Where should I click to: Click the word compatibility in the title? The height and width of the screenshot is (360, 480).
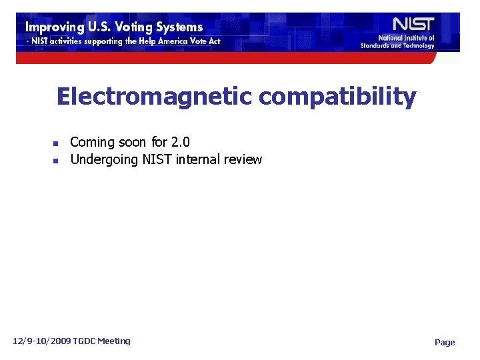(x=337, y=97)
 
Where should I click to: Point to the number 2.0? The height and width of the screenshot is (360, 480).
(x=180, y=142)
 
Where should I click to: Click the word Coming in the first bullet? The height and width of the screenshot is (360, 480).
(x=91, y=143)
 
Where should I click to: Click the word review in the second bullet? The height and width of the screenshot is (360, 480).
(x=243, y=159)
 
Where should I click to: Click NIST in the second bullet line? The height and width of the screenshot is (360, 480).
(x=154, y=159)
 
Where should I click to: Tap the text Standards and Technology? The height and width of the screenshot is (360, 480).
(x=397, y=45)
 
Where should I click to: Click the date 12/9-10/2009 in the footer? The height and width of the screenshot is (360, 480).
(x=40, y=341)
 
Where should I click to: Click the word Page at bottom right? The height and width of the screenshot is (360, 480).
(x=445, y=343)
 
